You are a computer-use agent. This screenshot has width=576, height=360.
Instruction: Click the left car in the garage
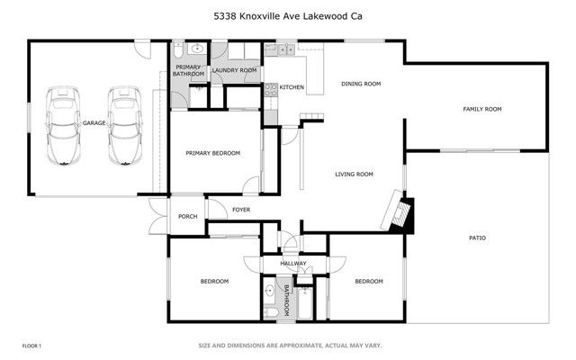(x=62, y=125)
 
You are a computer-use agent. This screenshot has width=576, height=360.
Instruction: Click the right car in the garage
(x=122, y=125)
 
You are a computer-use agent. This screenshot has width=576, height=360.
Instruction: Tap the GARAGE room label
(x=95, y=122)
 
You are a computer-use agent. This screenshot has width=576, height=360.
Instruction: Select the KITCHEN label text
(x=292, y=87)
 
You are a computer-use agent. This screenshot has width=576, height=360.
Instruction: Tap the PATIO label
(x=477, y=238)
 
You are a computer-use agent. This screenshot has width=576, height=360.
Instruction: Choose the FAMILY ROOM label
(x=481, y=109)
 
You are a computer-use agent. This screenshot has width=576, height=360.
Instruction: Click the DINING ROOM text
(x=361, y=84)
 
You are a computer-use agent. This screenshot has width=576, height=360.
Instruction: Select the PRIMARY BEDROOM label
(x=213, y=153)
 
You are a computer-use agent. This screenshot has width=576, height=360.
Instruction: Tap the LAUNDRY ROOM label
(x=235, y=69)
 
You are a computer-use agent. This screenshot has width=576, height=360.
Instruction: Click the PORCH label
(x=187, y=216)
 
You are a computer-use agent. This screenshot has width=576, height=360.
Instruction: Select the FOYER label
(x=241, y=210)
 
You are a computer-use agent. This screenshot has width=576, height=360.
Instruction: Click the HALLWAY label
(x=293, y=264)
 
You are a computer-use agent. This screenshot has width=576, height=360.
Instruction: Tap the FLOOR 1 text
(x=32, y=346)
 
